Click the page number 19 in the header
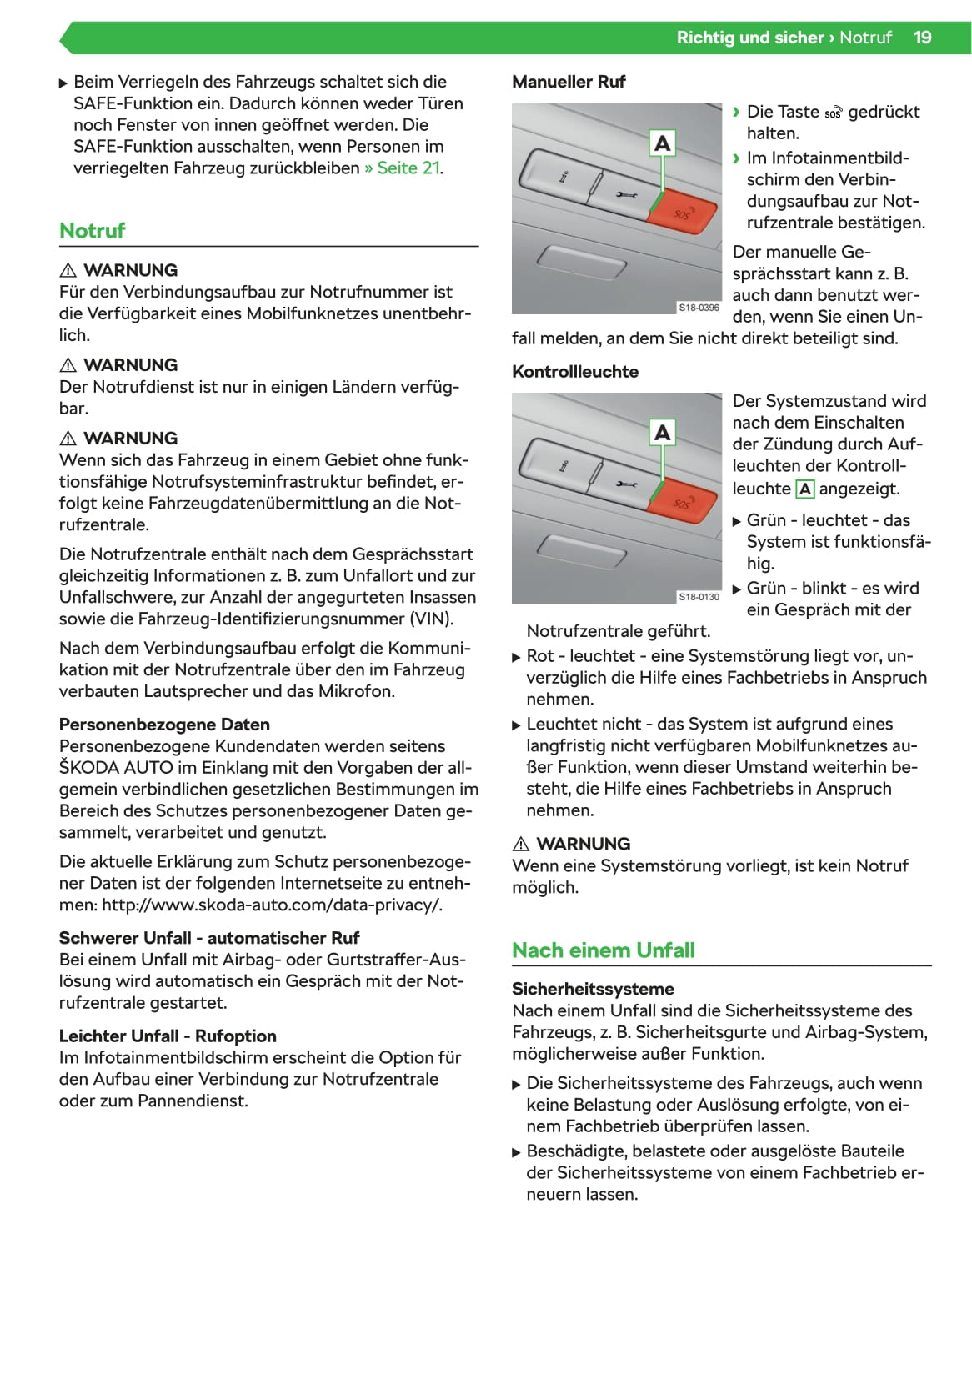click(x=922, y=38)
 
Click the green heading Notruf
click(x=92, y=231)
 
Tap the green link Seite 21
click(x=408, y=168)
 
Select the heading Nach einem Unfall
click(x=603, y=950)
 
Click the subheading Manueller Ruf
click(x=568, y=82)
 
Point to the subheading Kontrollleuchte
click(x=574, y=372)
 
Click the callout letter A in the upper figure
click(x=662, y=143)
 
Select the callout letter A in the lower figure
click(x=662, y=433)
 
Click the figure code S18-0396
click(x=699, y=308)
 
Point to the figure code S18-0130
click(x=699, y=597)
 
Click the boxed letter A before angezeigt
click(x=804, y=489)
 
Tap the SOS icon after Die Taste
click(x=833, y=113)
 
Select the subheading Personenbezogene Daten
click(x=164, y=725)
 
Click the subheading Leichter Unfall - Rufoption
click(x=168, y=1036)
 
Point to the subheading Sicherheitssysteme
click(x=593, y=990)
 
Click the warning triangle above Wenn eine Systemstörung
click(x=521, y=844)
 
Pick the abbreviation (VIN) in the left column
click(x=431, y=619)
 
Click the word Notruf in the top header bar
click(x=865, y=38)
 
